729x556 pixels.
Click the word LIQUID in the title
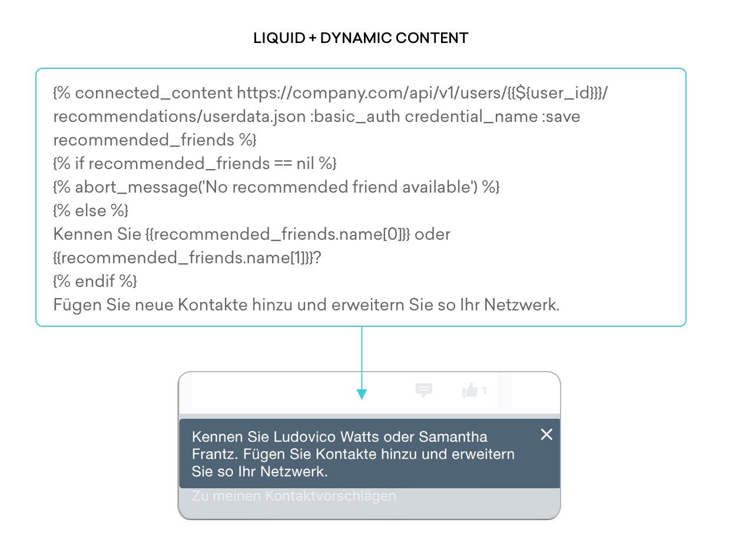click(279, 38)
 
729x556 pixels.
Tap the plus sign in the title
click(313, 38)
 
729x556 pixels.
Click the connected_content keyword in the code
click(154, 92)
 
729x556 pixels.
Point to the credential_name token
click(471, 117)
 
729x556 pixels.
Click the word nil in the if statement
click(305, 163)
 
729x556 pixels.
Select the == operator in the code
click(283, 164)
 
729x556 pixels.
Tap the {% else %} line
click(91, 211)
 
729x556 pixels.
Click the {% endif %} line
click(95, 281)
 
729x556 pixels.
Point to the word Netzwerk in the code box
click(521, 305)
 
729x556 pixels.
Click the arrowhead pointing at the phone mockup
click(362, 394)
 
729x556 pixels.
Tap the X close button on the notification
click(546, 434)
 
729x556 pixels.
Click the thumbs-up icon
click(470, 390)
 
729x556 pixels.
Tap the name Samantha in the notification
click(453, 437)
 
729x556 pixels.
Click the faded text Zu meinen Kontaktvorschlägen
click(294, 496)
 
